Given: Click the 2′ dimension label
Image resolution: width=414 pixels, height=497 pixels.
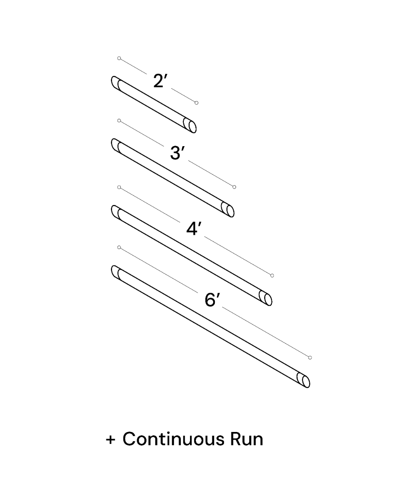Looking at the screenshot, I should tap(159, 81).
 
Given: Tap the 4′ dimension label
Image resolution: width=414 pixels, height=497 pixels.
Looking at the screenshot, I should tap(193, 229).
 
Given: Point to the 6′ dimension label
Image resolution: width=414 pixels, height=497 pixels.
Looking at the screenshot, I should tap(212, 299).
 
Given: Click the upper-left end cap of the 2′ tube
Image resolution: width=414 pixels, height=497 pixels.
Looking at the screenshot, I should tap(116, 83).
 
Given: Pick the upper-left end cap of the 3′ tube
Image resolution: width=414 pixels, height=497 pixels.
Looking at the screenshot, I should tap(116, 146).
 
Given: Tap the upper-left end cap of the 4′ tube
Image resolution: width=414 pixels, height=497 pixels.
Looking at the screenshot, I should tap(116, 212).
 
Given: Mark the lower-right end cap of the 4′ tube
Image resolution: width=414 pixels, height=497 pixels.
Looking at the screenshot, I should tap(266, 298).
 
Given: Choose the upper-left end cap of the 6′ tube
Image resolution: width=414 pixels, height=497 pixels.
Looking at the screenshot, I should tap(116, 273).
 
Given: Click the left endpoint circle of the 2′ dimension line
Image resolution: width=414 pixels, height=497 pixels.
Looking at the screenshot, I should tap(119, 58).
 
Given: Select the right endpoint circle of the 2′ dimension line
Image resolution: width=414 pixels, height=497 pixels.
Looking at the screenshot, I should tap(197, 103).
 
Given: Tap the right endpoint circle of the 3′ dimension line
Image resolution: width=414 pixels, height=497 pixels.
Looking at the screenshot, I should tap(234, 187).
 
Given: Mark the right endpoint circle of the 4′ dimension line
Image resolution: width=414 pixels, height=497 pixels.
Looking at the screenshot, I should tap(272, 275).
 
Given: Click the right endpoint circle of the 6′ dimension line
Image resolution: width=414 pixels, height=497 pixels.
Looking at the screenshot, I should tap(310, 357).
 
